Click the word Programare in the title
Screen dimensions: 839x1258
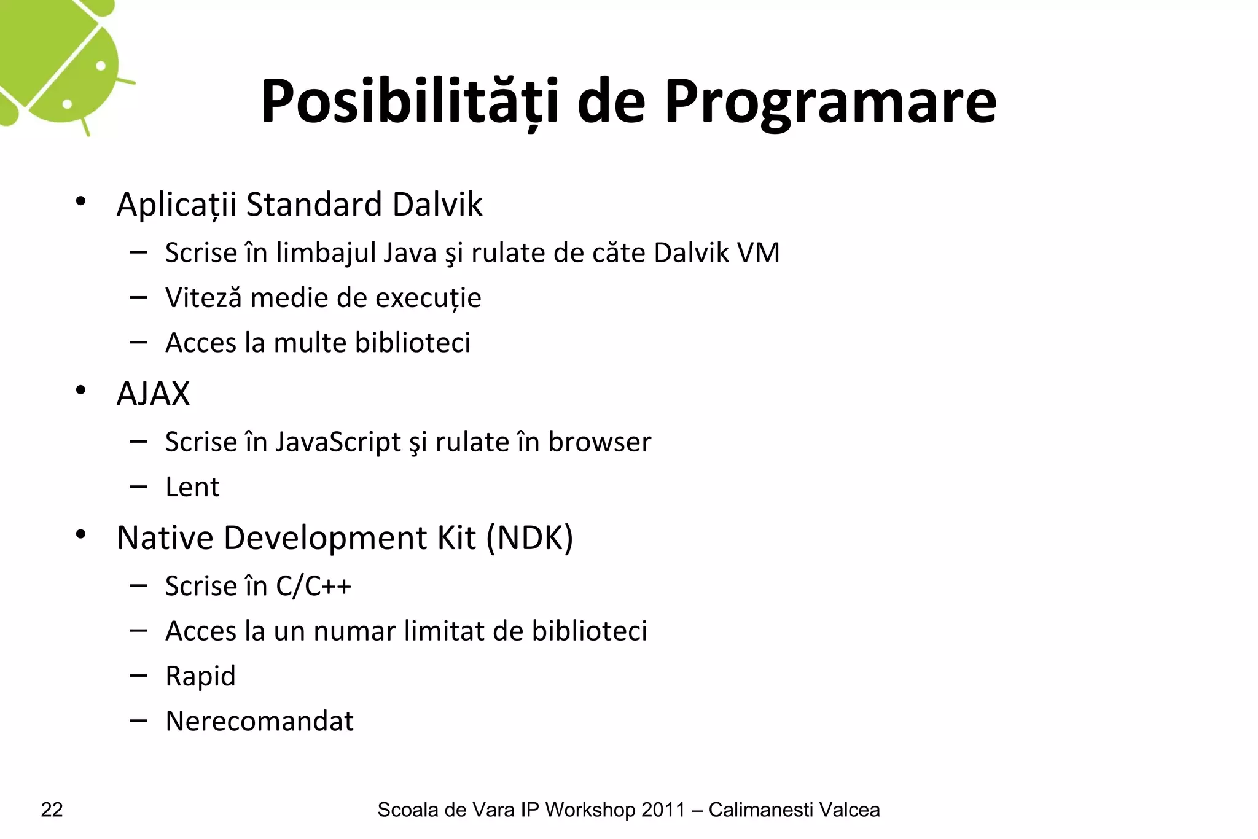click(x=830, y=103)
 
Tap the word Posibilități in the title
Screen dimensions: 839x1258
click(x=410, y=101)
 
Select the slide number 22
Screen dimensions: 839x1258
click(x=52, y=810)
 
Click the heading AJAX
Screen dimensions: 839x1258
click(x=153, y=394)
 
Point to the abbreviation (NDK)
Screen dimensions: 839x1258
click(x=529, y=538)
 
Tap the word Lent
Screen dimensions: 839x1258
click(x=192, y=487)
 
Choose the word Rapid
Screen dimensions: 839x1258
click(x=200, y=676)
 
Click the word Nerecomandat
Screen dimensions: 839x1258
click(x=259, y=721)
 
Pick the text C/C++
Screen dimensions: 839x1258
click(x=313, y=586)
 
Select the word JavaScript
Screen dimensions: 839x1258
click(x=338, y=442)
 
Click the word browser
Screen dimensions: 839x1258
click(x=600, y=442)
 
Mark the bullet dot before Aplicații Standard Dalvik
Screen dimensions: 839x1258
click(x=80, y=201)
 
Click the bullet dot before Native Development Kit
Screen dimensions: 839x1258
click(x=80, y=535)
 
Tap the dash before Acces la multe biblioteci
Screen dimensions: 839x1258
click(x=139, y=341)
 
